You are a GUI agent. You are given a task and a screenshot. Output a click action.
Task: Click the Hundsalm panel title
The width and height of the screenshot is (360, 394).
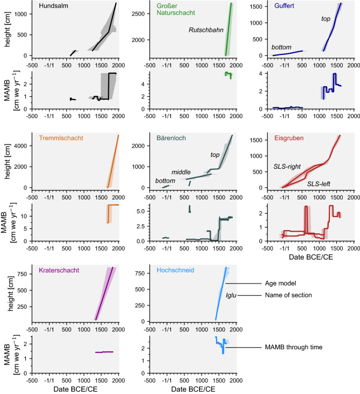coord(53,6)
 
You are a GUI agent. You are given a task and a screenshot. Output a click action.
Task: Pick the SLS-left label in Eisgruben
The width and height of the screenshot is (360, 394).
coord(319,184)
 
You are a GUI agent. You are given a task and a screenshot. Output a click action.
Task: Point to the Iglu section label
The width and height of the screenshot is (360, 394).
coord(231,295)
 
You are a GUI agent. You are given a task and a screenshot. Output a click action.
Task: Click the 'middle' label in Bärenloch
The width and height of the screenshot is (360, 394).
coord(181,172)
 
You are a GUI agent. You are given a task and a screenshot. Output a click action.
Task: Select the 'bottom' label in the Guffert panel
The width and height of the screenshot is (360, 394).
coord(281,47)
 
